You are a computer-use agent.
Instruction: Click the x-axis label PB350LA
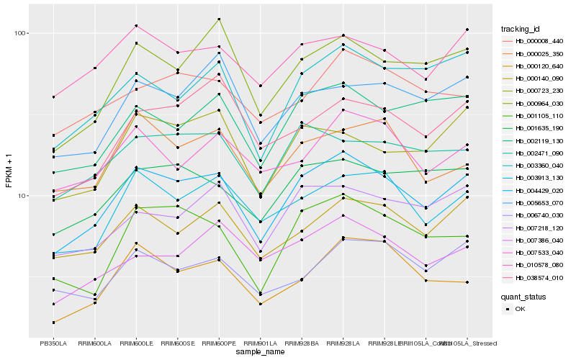click(53, 343)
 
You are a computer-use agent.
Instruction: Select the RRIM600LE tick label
click(136, 343)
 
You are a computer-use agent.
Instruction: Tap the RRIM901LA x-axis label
click(261, 343)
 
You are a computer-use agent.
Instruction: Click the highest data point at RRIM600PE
click(219, 19)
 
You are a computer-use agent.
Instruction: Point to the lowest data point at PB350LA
click(53, 322)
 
